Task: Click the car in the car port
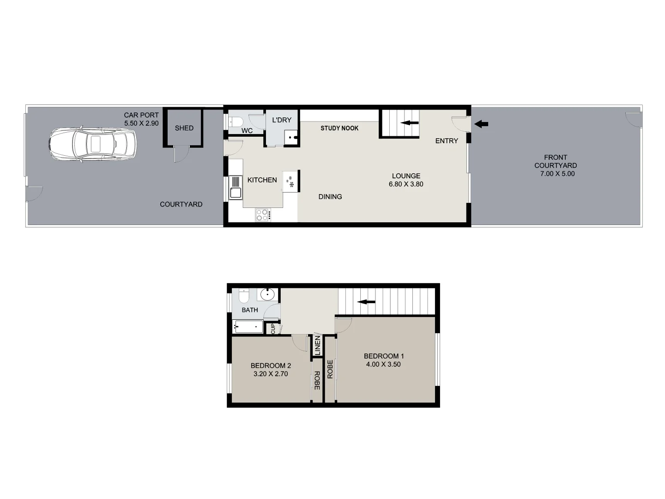coord(92,144)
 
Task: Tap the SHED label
coord(184,128)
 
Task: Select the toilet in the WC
coord(236,122)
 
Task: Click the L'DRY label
coord(282,120)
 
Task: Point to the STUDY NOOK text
coord(339,128)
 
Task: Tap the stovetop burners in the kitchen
coord(263,214)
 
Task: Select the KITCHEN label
coord(262,180)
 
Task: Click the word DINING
coord(330,196)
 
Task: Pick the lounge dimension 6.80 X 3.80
coord(406,184)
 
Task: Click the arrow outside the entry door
coord(481,124)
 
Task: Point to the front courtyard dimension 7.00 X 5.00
coord(557,174)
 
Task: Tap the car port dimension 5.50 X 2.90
coord(141,123)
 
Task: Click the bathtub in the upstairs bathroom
coord(248,327)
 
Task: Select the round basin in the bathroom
coord(267,294)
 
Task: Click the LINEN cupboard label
coord(317,345)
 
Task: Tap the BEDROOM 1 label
coord(384,356)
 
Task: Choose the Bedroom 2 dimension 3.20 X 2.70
coord(271,374)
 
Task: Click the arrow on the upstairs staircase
coord(366,302)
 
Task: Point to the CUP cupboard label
coord(273,329)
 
